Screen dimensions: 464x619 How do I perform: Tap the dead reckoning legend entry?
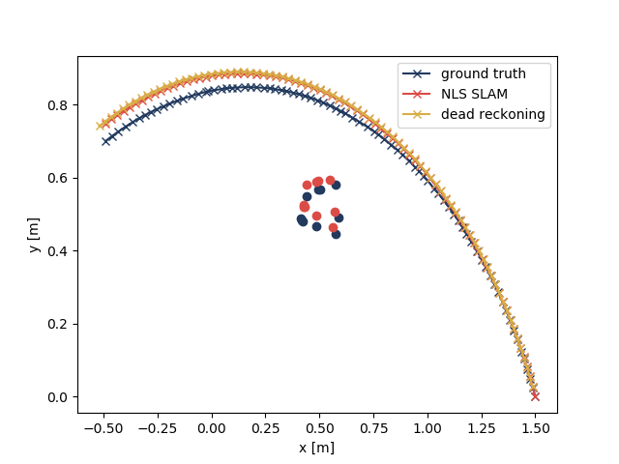tap(492, 114)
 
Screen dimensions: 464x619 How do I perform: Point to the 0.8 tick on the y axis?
tap(60, 104)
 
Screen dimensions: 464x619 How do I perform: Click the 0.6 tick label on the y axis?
tap(60, 178)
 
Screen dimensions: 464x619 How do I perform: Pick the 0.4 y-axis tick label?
tap(60, 250)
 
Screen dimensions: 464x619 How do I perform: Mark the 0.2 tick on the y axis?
tap(60, 324)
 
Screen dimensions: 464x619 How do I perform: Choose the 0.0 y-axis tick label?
tap(60, 396)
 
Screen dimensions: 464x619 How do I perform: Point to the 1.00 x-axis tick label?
tap(427, 427)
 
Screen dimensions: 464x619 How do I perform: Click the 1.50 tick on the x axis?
tap(535, 427)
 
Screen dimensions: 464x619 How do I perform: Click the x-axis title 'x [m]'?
tap(317, 447)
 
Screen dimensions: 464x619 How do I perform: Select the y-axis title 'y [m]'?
tap(34, 234)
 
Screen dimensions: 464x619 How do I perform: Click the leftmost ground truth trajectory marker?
tap(105, 141)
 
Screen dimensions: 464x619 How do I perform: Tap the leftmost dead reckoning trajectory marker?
tap(100, 126)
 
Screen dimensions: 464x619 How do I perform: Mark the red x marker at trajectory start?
tap(535, 396)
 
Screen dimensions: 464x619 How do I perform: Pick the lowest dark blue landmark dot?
tap(336, 234)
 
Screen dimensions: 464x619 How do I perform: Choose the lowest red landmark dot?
tap(333, 228)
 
